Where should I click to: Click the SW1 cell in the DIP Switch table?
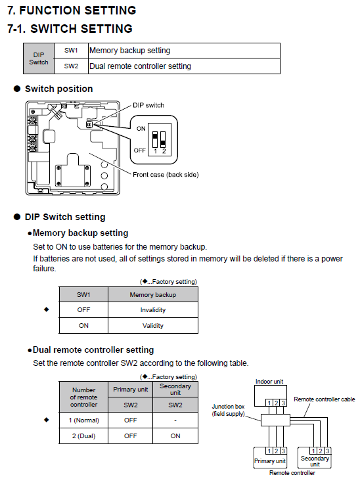(71, 51)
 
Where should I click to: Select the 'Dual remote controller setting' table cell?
(184, 66)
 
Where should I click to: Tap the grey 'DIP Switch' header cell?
(39, 58)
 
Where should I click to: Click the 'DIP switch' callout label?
(148, 105)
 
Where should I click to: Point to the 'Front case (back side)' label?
(166, 175)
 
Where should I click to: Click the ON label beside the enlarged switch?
(141, 129)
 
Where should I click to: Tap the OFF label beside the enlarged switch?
(139, 150)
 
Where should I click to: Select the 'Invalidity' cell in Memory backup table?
(153, 310)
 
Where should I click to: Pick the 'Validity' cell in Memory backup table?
(153, 325)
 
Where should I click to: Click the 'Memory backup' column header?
(153, 294)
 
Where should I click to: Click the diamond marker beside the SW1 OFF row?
(47, 309)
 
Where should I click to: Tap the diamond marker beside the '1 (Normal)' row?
(47, 420)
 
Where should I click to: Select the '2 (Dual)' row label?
(83, 436)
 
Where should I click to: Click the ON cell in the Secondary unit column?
(175, 436)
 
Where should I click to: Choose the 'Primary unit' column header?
(130, 390)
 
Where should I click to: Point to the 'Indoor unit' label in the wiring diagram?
(269, 382)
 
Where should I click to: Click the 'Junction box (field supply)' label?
(228, 410)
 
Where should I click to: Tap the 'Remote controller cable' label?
(325, 399)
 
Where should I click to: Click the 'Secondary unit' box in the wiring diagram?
(315, 458)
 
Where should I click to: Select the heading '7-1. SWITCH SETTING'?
(70, 29)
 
